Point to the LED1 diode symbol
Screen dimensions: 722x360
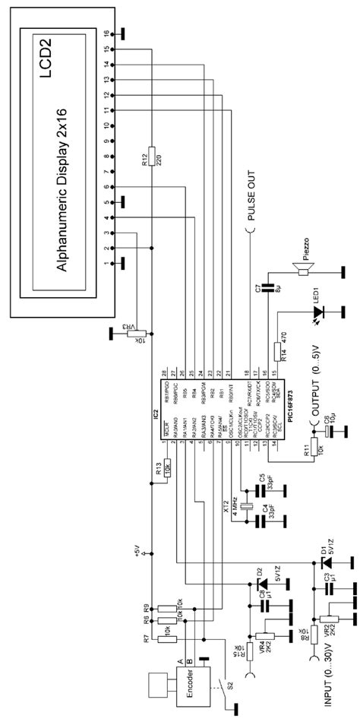click(318, 312)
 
